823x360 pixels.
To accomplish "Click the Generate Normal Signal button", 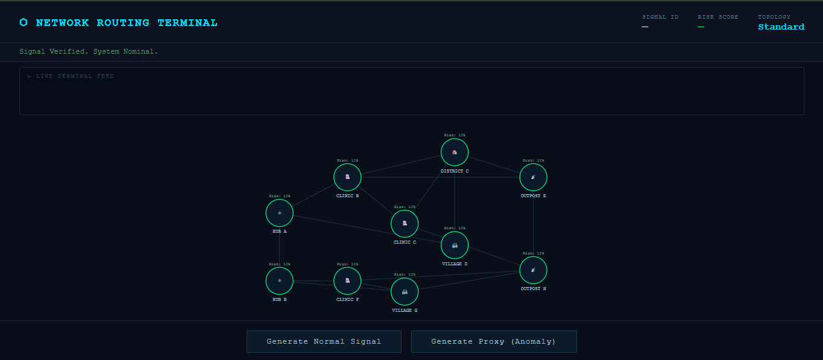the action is pos(324,341).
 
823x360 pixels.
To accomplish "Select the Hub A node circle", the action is pos(280,213).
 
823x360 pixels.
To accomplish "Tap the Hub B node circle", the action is pos(280,280).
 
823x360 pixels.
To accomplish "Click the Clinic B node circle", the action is pos(347,177).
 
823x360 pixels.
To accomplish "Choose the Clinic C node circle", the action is pos(405,224).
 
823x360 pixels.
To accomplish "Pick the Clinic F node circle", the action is pos(347,280).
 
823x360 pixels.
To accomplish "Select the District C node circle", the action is pos(455,153).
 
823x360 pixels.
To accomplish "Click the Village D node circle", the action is pos(455,245).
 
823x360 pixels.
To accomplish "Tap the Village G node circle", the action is pos(405,292).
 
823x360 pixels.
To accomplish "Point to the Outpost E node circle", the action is pos(533,177).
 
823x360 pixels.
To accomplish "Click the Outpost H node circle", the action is pos(533,270).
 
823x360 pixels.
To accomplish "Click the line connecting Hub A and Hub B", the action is pos(280,247).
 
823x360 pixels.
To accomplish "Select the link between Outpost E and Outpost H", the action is pos(533,224).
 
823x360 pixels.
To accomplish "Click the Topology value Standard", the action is pos(781,27).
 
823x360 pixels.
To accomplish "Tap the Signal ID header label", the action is pos(660,17).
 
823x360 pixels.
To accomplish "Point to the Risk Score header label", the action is pos(718,17).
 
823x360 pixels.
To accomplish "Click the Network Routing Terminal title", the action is pos(127,23).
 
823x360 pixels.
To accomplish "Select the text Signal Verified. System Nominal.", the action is pos(89,52).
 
